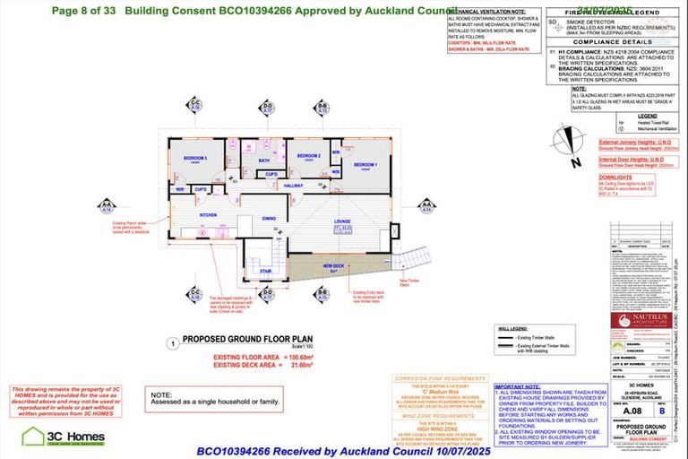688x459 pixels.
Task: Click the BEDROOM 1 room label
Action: (x=365, y=165)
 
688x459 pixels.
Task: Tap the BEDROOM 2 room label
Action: (x=309, y=156)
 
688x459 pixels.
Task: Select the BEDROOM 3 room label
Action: (x=196, y=159)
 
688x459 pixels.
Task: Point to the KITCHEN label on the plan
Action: (x=208, y=216)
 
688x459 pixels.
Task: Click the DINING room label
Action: (x=269, y=218)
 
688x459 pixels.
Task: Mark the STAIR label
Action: (x=266, y=270)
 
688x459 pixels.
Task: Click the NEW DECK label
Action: (x=333, y=266)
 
